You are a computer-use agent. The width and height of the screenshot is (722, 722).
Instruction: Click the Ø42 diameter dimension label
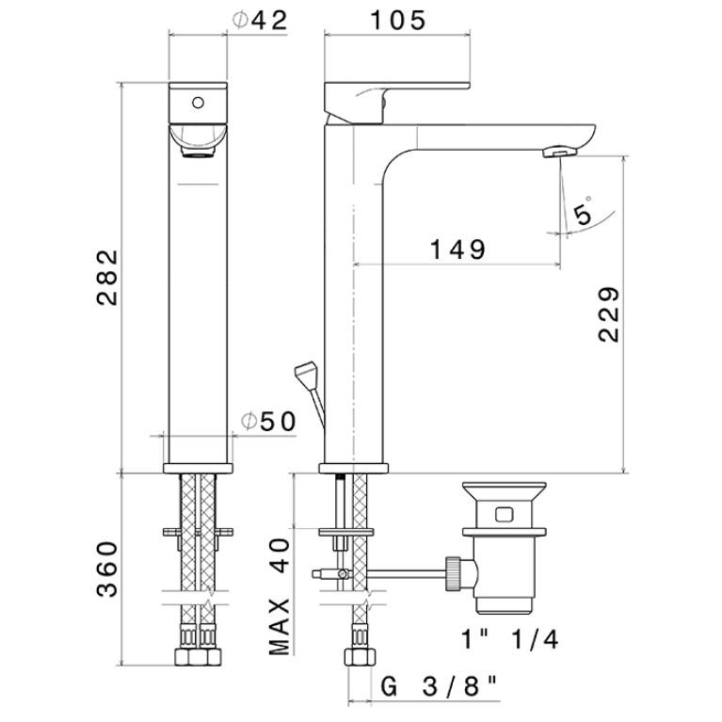[x=260, y=21]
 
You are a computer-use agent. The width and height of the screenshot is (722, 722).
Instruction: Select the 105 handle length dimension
[x=398, y=21]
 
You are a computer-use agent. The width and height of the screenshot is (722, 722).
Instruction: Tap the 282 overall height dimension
[x=107, y=278]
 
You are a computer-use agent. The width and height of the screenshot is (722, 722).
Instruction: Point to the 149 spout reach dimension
[x=457, y=249]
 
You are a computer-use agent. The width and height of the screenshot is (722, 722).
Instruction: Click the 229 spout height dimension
[x=609, y=314]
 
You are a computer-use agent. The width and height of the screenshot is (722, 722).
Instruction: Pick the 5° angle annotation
[x=584, y=212]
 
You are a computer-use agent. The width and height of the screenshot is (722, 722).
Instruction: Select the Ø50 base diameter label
[x=269, y=421]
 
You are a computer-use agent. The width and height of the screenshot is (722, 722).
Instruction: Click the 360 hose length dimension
[x=107, y=570]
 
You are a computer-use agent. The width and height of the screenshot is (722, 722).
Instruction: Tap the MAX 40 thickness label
[x=280, y=597]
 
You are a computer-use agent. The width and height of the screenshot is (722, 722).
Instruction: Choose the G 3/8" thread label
[x=440, y=687]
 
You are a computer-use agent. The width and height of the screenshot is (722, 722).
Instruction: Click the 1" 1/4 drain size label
[x=509, y=639]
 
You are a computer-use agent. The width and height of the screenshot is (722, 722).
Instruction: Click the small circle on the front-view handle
[x=198, y=103]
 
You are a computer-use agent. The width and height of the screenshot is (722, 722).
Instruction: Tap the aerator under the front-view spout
[x=199, y=152]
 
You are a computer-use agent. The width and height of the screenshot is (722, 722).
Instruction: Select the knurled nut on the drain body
[x=452, y=573]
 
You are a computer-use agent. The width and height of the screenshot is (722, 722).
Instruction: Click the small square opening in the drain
[x=505, y=514]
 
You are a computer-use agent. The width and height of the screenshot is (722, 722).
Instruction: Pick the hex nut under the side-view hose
[x=360, y=656]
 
